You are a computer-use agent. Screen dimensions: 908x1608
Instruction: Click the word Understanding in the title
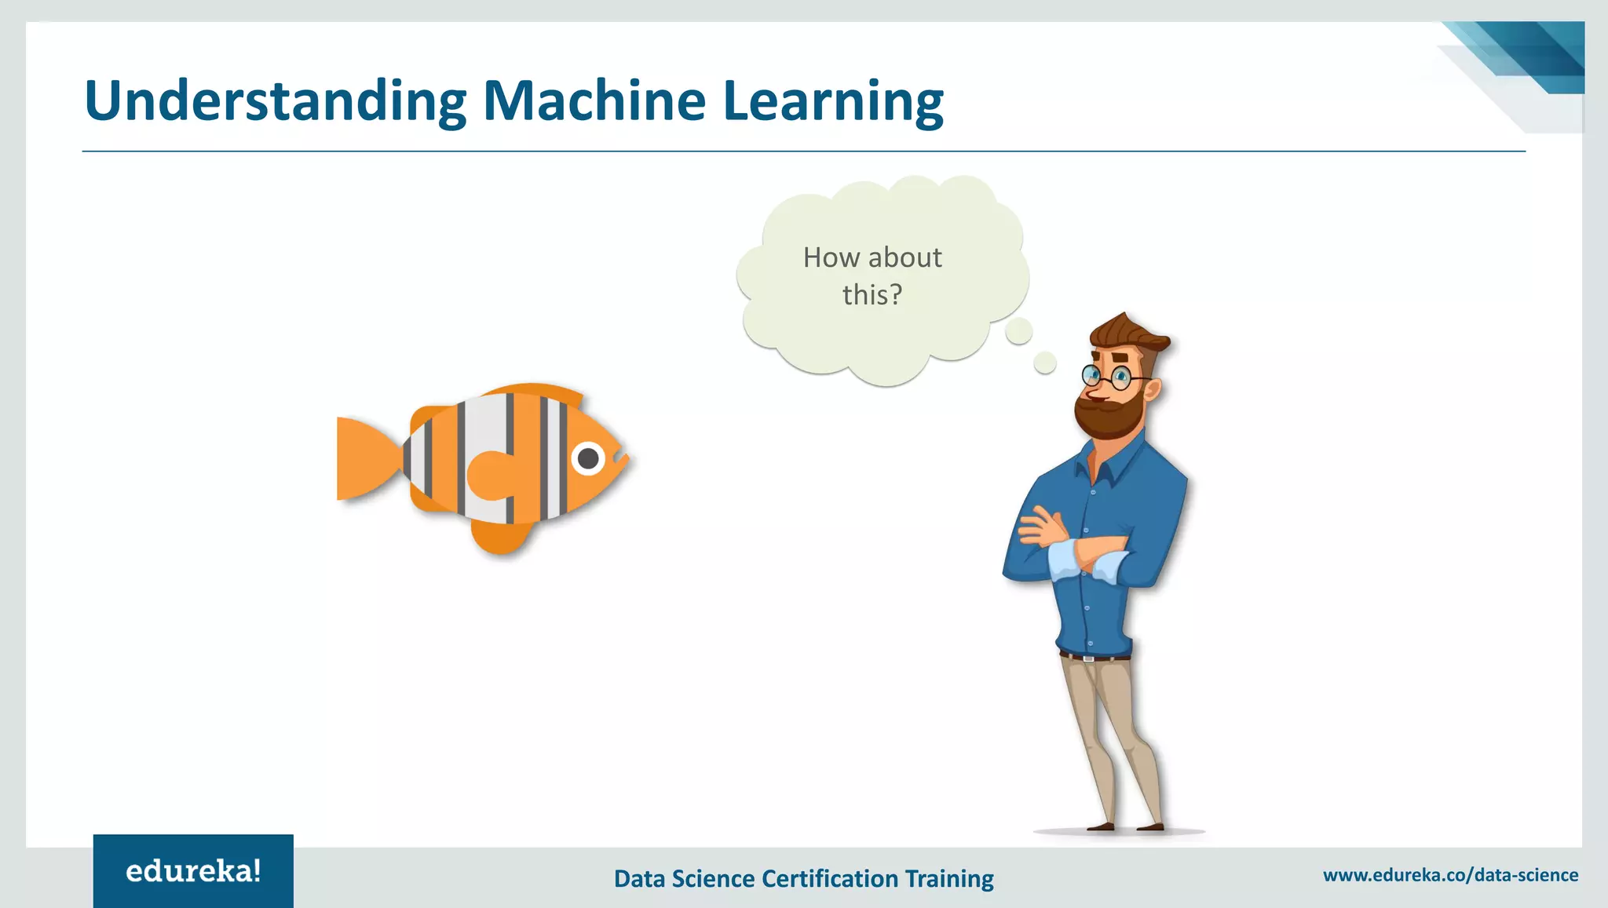(x=275, y=102)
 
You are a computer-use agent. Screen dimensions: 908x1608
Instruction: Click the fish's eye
(x=588, y=458)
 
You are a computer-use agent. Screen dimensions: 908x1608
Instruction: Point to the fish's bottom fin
(x=500, y=538)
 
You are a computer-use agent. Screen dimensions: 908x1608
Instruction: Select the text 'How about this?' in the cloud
(x=872, y=275)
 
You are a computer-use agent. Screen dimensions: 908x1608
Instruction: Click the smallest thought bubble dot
(x=1044, y=363)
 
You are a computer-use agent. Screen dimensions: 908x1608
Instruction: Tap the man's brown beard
(x=1109, y=416)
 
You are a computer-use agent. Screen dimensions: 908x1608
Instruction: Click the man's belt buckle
(x=1088, y=658)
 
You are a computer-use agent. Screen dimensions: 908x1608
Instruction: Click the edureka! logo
(x=193, y=871)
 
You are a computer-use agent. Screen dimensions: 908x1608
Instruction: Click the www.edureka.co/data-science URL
(x=1450, y=875)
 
